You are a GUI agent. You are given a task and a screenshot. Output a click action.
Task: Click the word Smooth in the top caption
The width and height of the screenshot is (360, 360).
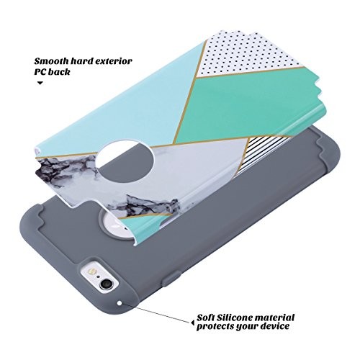pyautogui.click(x=49, y=61)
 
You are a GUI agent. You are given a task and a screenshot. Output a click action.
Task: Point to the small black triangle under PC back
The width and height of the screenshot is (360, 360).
pyautogui.click(x=40, y=84)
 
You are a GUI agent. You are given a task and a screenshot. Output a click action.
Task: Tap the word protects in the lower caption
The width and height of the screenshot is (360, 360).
pyautogui.click(x=215, y=327)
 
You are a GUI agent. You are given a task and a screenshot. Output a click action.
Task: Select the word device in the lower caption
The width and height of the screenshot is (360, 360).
pyautogui.click(x=275, y=326)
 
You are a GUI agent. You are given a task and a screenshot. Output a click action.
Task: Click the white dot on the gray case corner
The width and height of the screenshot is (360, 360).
pyautogui.click(x=120, y=304)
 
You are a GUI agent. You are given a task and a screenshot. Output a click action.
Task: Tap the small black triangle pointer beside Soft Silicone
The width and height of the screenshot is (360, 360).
pyautogui.click(x=193, y=323)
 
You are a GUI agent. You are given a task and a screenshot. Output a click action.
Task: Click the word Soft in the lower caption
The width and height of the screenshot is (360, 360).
pyautogui.click(x=206, y=318)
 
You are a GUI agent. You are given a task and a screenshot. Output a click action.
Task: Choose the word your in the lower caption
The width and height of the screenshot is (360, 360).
pyautogui.click(x=247, y=327)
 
